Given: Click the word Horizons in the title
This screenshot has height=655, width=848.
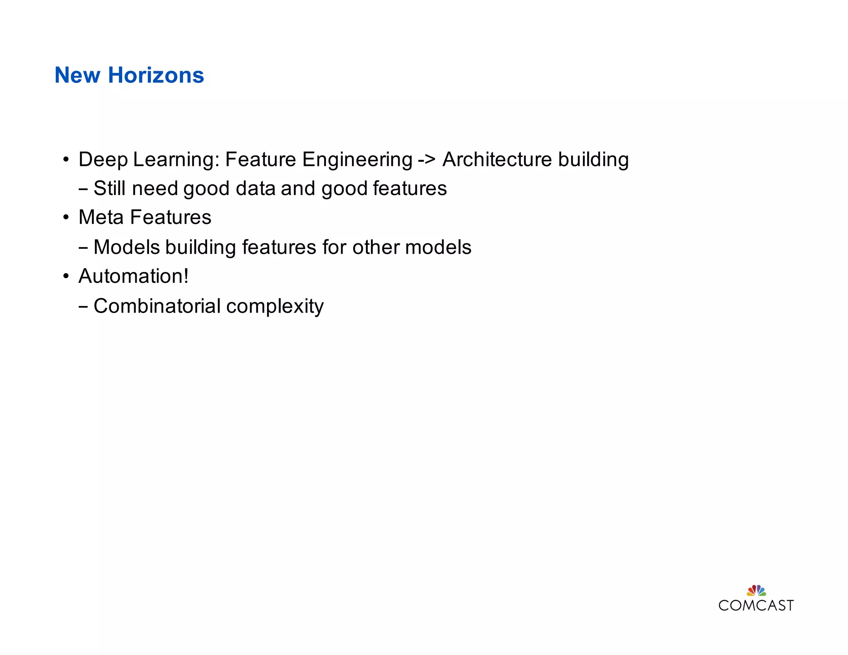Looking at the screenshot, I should coord(156,75).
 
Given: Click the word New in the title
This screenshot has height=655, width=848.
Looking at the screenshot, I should coord(77,75).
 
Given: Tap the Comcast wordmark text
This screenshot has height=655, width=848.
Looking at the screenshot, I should coord(756,605).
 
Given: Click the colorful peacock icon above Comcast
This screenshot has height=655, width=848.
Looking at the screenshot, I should coord(756,590).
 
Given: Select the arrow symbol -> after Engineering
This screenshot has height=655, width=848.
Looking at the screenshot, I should coord(426,160).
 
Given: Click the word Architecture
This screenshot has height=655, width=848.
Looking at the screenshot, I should coord(497,160).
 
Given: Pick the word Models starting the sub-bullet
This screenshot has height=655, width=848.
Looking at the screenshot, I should coord(127,247).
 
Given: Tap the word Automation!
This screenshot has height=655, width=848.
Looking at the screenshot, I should coord(133,276).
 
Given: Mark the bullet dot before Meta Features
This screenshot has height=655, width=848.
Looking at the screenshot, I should coord(66,218).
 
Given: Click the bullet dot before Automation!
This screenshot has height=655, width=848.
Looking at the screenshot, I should coord(66,277).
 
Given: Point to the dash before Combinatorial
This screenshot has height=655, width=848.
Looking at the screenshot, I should coord(83,307).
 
